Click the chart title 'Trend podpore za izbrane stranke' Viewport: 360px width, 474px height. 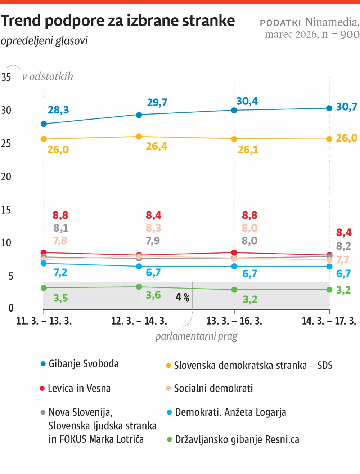click(118, 21)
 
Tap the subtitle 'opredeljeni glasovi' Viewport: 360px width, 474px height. click(44, 41)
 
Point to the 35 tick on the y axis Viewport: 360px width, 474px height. click(6, 77)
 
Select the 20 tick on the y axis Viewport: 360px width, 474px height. click(6, 176)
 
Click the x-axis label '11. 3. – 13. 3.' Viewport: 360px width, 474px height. click(44, 321)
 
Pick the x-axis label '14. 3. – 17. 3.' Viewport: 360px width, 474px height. click(329, 321)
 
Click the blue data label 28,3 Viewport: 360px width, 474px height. click(58, 110)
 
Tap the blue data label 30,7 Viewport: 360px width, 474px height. click(346, 107)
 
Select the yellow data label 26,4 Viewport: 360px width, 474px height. click(156, 146)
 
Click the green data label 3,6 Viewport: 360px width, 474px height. click(153, 295)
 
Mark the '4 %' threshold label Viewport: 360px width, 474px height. click(183, 297)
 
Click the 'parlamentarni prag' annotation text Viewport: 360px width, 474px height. click(196, 336)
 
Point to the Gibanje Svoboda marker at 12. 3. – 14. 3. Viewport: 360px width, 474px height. click(139, 115)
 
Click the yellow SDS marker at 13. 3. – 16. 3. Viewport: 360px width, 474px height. click(234, 139)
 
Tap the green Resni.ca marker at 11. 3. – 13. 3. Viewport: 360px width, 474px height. click(44, 288)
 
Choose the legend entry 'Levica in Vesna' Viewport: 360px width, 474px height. click(79, 388)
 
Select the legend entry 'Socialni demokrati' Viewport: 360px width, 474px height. click(213, 388)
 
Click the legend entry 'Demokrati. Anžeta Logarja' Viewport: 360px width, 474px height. click(230, 412)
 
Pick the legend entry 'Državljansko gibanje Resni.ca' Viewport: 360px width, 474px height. click(237, 439)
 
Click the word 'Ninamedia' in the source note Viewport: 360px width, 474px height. click(331, 22)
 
